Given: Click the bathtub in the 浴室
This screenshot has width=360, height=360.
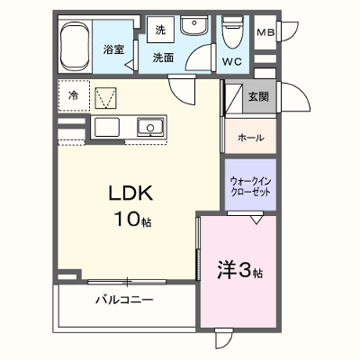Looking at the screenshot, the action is [75, 46].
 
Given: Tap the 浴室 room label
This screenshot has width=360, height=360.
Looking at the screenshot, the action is [114, 49].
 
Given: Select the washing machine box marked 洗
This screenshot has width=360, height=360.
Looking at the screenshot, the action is [160, 30].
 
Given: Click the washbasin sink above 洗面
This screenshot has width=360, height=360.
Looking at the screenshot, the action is [194, 25].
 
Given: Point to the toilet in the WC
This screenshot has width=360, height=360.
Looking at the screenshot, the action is [232, 32].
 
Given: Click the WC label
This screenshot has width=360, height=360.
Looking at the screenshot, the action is [232, 62].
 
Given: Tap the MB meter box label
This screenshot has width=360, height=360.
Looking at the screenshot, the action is [265, 32].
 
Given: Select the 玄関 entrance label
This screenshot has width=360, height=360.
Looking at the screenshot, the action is [258, 96].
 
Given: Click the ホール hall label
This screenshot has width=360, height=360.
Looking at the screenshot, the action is [251, 138].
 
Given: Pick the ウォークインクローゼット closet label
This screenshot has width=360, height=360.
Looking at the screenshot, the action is [250, 186].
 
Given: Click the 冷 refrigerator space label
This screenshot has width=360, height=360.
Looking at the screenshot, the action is [73, 96].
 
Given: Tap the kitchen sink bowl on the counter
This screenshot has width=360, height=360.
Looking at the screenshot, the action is [150, 127].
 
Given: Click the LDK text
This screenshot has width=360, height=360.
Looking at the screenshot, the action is [130, 193].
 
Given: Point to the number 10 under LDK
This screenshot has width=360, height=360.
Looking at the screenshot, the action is [127, 219].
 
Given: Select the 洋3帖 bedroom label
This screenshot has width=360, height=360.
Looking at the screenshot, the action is [240, 270].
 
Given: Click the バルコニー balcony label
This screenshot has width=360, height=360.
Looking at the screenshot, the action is [124, 300].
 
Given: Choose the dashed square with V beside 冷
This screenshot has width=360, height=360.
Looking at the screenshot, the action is [105, 98].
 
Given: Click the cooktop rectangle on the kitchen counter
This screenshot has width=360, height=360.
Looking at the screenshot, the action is [107, 127].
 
